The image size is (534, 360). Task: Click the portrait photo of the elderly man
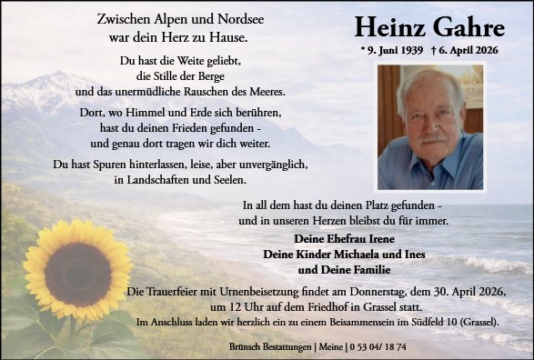(x=430, y=126)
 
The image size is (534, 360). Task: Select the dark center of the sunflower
(x=79, y=274)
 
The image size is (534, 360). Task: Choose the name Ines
(x=409, y=255)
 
